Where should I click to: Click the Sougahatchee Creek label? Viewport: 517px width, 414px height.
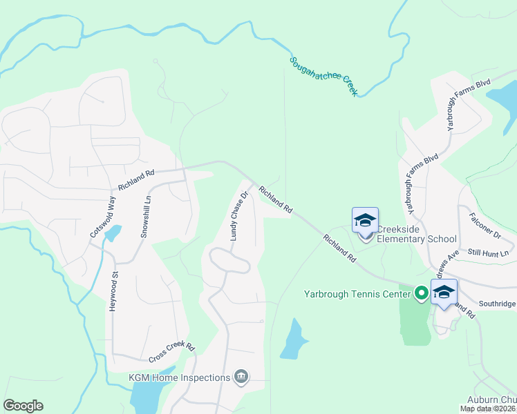pyautogui.click(x=323, y=77)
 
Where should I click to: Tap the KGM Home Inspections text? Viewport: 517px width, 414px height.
pyautogui.click(x=179, y=377)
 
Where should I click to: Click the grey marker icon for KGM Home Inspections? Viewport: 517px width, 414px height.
pyautogui.click(x=241, y=376)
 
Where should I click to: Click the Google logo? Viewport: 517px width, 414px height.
pyautogui.click(x=23, y=406)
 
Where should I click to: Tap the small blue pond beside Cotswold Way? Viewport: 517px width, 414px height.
pyautogui.click(x=112, y=234)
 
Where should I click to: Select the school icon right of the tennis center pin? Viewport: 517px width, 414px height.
pyautogui.click(x=444, y=293)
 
